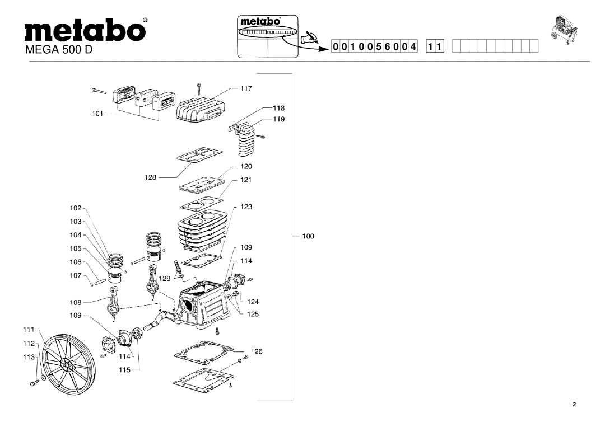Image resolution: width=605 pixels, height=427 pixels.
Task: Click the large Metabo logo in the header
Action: click(x=83, y=30)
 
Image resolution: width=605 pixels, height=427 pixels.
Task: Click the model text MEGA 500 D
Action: click(x=59, y=50)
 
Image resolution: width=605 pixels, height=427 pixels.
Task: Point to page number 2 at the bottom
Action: click(x=574, y=405)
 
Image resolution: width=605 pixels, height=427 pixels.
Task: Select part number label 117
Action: click(x=246, y=88)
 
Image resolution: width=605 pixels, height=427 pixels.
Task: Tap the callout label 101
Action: click(x=99, y=113)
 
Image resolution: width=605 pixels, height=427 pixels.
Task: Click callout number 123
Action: click(x=246, y=207)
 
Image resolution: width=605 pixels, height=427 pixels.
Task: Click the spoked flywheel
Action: click(x=67, y=363)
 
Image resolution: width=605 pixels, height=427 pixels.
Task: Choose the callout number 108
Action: click(x=76, y=302)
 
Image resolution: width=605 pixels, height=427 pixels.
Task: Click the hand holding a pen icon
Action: click(x=309, y=38)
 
